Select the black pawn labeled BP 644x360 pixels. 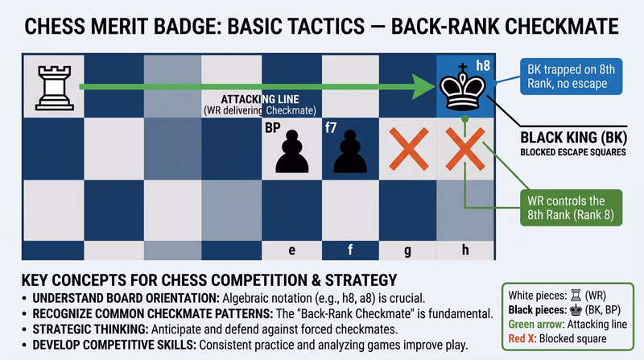(x=291, y=151)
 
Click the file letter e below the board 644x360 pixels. (x=291, y=250)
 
